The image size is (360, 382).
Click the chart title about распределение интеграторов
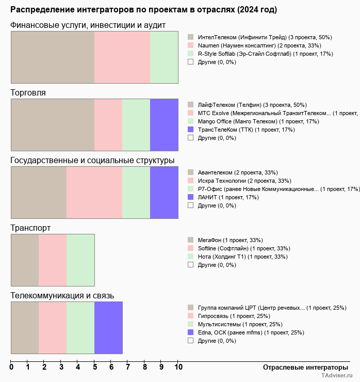pyautogui.click(x=143, y=10)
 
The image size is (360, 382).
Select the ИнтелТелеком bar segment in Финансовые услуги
pyautogui.click(x=53, y=57)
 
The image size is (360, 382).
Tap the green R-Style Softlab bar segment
pyautogui.click(x=164, y=57)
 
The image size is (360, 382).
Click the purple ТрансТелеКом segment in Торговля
pyautogui.click(x=164, y=125)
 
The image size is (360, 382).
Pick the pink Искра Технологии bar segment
pyautogui.click(x=94, y=193)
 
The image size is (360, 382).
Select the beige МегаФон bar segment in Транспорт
pyautogui.click(x=25, y=260)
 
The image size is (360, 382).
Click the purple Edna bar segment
pyautogui.click(x=108, y=328)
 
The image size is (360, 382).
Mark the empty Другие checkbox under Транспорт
pyautogui.click(x=190, y=265)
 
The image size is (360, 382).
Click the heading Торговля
pyautogui.click(x=28, y=93)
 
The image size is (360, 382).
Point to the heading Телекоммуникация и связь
pyautogui.click(x=62, y=296)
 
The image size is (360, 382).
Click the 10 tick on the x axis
pyautogui.click(x=178, y=367)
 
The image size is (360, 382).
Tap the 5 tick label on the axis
pyautogui.click(x=94, y=367)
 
